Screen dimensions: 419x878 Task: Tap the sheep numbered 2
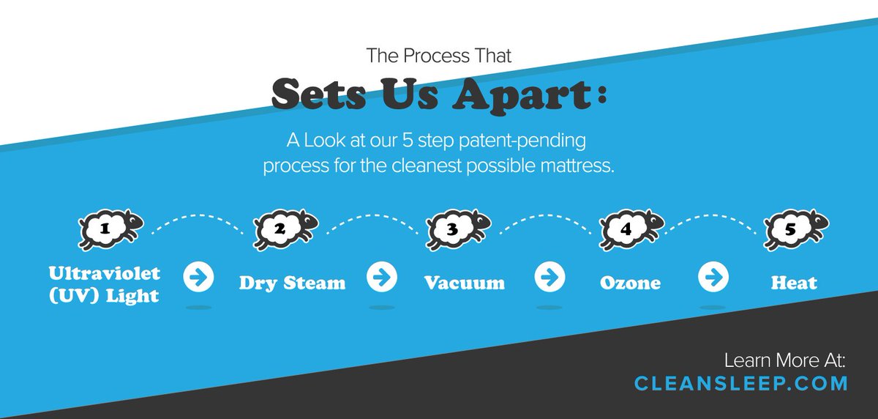[285, 229]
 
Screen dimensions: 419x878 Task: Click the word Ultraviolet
[104, 272]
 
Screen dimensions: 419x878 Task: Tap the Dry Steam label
[292, 283]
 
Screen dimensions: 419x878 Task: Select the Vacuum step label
[464, 283]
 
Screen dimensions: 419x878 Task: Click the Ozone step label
[630, 283]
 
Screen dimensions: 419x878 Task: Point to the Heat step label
[794, 283]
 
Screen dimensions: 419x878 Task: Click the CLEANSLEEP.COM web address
[741, 383]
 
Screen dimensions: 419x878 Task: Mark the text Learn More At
[784, 360]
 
